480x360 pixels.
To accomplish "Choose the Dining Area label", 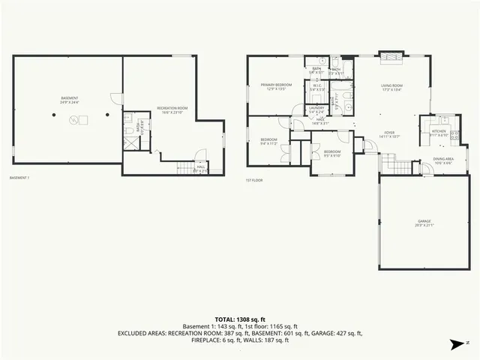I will pos(443,160).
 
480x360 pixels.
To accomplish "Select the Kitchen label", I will pos(439,133).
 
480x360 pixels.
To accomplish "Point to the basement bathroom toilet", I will pos(129,132).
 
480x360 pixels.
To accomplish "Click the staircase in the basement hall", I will pos(185,169).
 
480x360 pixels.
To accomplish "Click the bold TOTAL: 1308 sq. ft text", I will pos(239,319).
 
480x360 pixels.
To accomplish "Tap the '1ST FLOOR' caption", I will pos(254,181).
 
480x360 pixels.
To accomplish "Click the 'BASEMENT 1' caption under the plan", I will pos(19,178).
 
